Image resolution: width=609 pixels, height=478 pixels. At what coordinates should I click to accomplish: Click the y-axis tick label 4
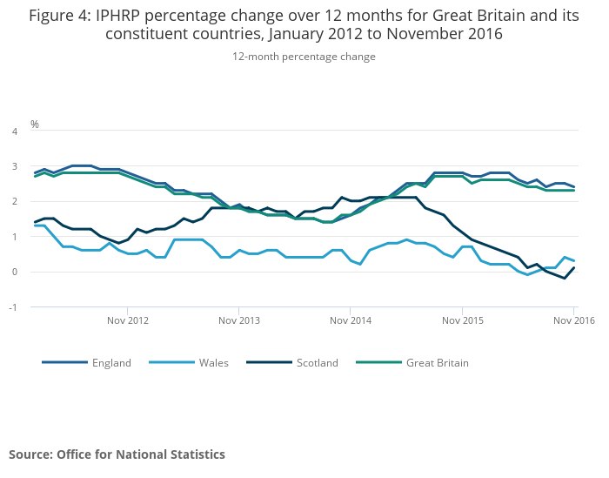pos(14,131)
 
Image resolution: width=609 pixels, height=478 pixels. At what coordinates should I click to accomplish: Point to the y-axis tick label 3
pos(14,166)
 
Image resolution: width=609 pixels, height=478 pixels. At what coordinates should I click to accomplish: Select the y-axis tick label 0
pos(14,272)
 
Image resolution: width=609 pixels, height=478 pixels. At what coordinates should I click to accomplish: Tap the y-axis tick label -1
pos(12,307)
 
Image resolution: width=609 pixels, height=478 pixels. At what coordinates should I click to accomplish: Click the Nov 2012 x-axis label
pos(128,320)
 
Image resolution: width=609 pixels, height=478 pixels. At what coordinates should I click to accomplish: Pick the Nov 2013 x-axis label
pos(239,320)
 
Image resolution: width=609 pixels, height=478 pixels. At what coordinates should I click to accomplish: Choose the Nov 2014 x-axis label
pos(350,320)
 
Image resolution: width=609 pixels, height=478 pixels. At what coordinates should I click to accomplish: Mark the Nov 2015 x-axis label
pos(461,320)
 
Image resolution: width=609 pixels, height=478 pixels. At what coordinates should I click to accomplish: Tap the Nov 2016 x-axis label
pos(573,320)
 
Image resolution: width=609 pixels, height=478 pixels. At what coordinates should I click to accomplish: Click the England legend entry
pos(111,363)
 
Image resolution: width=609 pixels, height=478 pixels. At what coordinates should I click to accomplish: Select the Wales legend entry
pos(214,363)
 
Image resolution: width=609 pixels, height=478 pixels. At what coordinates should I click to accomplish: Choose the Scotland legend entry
pos(317,363)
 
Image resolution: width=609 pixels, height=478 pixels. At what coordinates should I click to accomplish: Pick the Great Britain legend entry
pos(437,363)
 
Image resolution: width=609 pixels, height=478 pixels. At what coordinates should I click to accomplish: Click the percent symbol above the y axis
pos(35,125)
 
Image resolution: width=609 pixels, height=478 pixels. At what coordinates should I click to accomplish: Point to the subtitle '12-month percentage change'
pos(304,57)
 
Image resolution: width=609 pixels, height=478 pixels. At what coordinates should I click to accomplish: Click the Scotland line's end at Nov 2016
pos(574,268)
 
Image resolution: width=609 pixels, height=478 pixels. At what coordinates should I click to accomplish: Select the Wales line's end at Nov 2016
pos(574,260)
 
